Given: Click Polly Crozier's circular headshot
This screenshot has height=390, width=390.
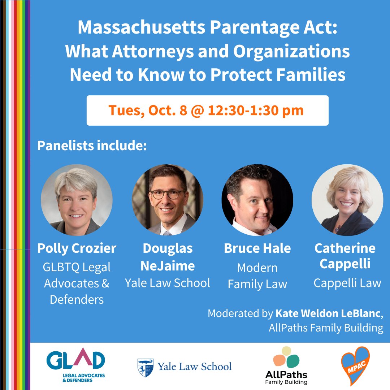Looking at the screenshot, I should click(x=77, y=200).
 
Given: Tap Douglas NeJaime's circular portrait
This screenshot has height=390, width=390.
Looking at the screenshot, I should click(x=167, y=200).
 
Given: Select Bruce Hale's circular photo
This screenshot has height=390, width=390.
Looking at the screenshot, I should click(x=257, y=200).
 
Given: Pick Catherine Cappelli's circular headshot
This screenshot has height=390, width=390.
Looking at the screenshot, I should click(x=347, y=200).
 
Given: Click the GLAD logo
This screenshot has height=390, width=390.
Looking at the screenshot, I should click(x=75, y=365).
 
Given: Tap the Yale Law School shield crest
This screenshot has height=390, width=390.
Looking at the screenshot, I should click(x=145, y=367).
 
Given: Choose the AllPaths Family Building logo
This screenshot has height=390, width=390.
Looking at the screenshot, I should click(x=286, y=365).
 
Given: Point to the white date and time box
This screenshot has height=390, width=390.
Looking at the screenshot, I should click(x=207, y=110).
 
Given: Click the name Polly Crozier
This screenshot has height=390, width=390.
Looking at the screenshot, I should click(x=77, y=248).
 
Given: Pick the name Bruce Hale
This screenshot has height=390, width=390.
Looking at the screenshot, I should click(x=257, y=248).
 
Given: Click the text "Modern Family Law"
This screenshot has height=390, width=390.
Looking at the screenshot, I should click(x=257, y=276).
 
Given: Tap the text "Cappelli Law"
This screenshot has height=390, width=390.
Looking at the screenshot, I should click(x=347, y=283).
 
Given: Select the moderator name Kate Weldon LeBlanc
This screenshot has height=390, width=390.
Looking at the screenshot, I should click(x=328, y=313).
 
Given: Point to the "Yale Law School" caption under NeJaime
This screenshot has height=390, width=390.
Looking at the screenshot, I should click(x=167, y=283).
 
